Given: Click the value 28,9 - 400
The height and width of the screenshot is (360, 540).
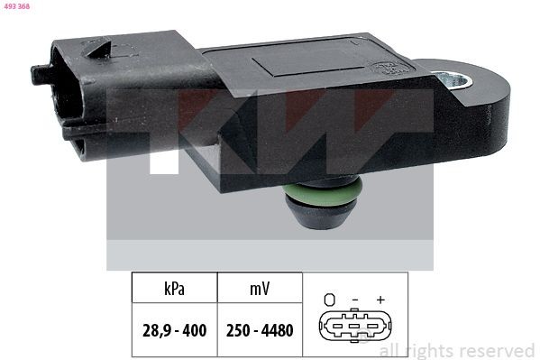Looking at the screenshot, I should pyautogui.click(x=176, y=330).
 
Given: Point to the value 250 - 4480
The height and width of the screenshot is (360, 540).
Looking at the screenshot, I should pyautogui.click(x=260, y=330).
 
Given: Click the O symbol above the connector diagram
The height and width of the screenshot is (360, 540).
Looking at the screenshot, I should pyautogui.click(x=330, y=299).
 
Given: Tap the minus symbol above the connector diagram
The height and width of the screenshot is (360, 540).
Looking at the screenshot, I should pyautogui.click(x=355, y=299).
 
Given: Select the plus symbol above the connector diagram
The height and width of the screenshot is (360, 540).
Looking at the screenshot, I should pyautogui.click(x=380, y=299).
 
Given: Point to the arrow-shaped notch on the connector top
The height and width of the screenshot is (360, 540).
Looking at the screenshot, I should pyautogui.click(x=101, y=51).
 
